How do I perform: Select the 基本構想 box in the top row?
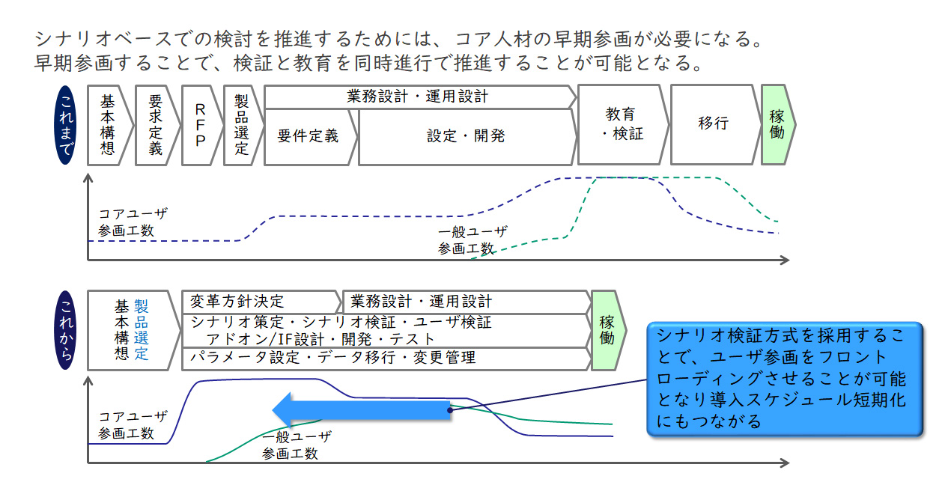[107, 125]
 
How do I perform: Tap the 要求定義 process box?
[155, 125]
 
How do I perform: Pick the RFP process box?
[200, 125]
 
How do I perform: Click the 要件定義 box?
[308, 136]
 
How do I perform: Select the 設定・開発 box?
[466, 136]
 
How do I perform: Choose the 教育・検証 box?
[621, 125]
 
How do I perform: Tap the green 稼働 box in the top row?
[777, 125]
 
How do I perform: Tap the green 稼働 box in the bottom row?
[607, 330]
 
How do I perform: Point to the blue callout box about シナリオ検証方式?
[783, 378]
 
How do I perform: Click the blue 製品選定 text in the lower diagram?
[142, 330]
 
